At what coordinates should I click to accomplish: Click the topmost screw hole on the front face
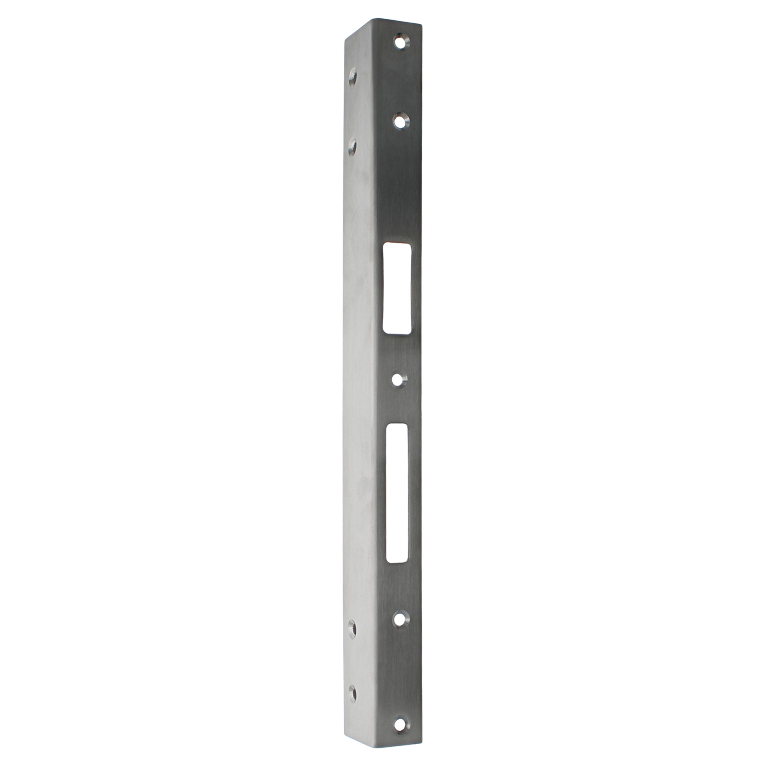[399, 42]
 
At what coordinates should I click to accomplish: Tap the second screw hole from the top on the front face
[399, 121]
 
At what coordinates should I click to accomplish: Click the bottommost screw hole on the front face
[399, 713]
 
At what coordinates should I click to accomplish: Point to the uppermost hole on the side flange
[352, 78]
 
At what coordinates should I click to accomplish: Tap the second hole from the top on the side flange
[352, 147]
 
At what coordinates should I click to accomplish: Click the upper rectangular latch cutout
[397, 288]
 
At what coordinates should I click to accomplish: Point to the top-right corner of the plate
[421, 25]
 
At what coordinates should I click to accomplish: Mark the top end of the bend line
[372, 20]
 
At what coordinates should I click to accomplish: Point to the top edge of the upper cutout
[397, 244]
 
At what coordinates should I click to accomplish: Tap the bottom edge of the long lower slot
[397, 562]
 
